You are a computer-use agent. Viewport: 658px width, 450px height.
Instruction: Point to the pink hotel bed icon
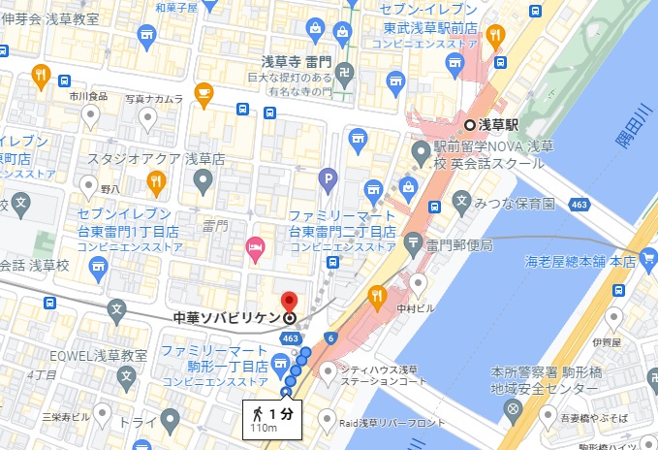point(257,248)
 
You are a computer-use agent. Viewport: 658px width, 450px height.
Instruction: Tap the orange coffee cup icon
point(204,92)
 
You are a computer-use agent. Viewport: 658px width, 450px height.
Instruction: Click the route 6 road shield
point(332,337)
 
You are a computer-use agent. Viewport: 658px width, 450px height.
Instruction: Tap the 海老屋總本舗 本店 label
point(580,261)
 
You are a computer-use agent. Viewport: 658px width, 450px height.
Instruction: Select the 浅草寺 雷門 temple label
point(302,60)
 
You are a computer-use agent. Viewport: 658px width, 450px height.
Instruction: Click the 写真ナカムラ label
point(154,98)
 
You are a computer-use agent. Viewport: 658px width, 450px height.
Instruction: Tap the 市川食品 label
point(90,98)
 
